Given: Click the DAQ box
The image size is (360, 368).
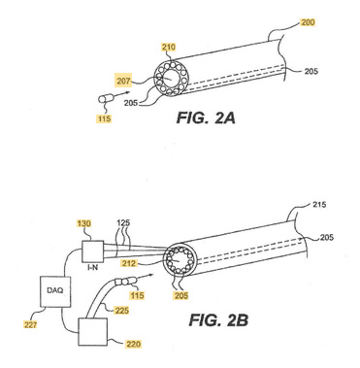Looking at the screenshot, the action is (55, 291).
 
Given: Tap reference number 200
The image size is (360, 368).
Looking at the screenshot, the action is (308, 22).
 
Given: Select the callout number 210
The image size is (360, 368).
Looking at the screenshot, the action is (169, 48).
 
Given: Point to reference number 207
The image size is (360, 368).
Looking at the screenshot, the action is (124, 81).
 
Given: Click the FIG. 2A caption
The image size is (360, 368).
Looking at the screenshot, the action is (206, 117).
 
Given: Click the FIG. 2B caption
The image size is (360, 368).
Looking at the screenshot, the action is (218, 320).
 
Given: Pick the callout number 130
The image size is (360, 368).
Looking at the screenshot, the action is (84, 223).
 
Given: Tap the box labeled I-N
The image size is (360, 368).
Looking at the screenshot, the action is (93, 251).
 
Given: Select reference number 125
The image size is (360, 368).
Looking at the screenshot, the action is (123, 223).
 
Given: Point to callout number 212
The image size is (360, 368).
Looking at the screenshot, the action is (129, 263).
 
